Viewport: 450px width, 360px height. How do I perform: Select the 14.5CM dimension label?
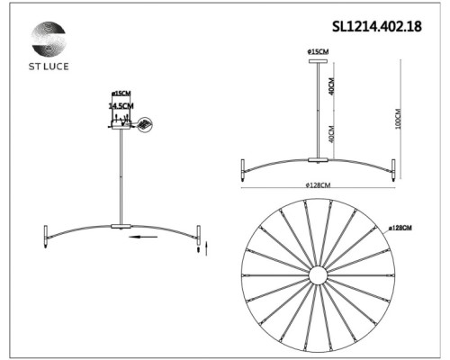[x=121, y=105]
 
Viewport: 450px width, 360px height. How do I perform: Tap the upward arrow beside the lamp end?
[x=206, y=247]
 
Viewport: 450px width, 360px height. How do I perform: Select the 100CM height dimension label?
[x=397, y=119]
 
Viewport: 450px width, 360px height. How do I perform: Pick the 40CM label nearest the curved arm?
[x=330, y=135]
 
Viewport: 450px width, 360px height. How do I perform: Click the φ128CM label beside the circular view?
[x=400, y=229]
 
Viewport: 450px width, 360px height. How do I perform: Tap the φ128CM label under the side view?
[x=319, y=184]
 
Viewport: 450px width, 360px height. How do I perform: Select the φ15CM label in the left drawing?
[x=121, y=94]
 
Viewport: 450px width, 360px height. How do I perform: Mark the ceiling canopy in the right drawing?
[x=319, y=60]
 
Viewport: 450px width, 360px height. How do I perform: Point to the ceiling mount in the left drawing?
[x=120, y=128]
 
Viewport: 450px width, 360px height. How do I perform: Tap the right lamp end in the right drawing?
[x=393, y=169]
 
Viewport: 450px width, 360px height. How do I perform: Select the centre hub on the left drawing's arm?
[x=121, y=225]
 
